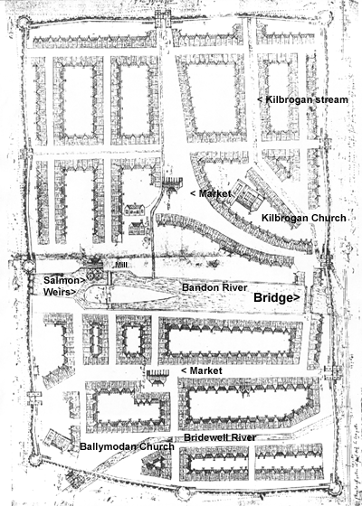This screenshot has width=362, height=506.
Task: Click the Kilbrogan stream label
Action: [303, 99]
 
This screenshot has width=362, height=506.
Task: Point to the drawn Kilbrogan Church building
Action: [247, 193]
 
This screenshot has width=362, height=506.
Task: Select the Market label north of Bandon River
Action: [207, 193]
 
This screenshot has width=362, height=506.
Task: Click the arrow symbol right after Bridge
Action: [299, 296]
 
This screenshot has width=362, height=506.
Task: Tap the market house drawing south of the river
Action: [158, 375]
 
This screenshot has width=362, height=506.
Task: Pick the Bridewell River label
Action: [218, 437]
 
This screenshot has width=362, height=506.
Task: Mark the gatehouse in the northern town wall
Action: [160, 18]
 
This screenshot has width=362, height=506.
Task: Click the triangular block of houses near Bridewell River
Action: [157, 464]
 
